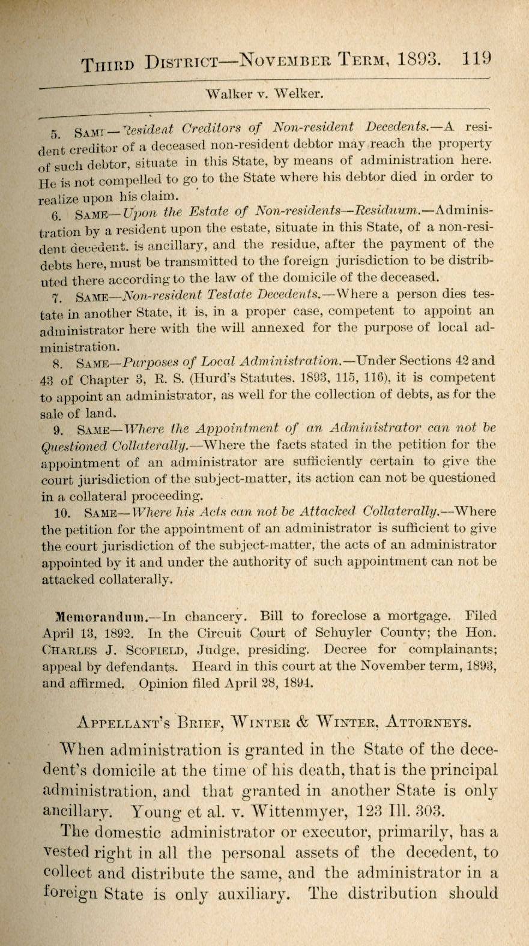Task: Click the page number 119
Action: (477, 59)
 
